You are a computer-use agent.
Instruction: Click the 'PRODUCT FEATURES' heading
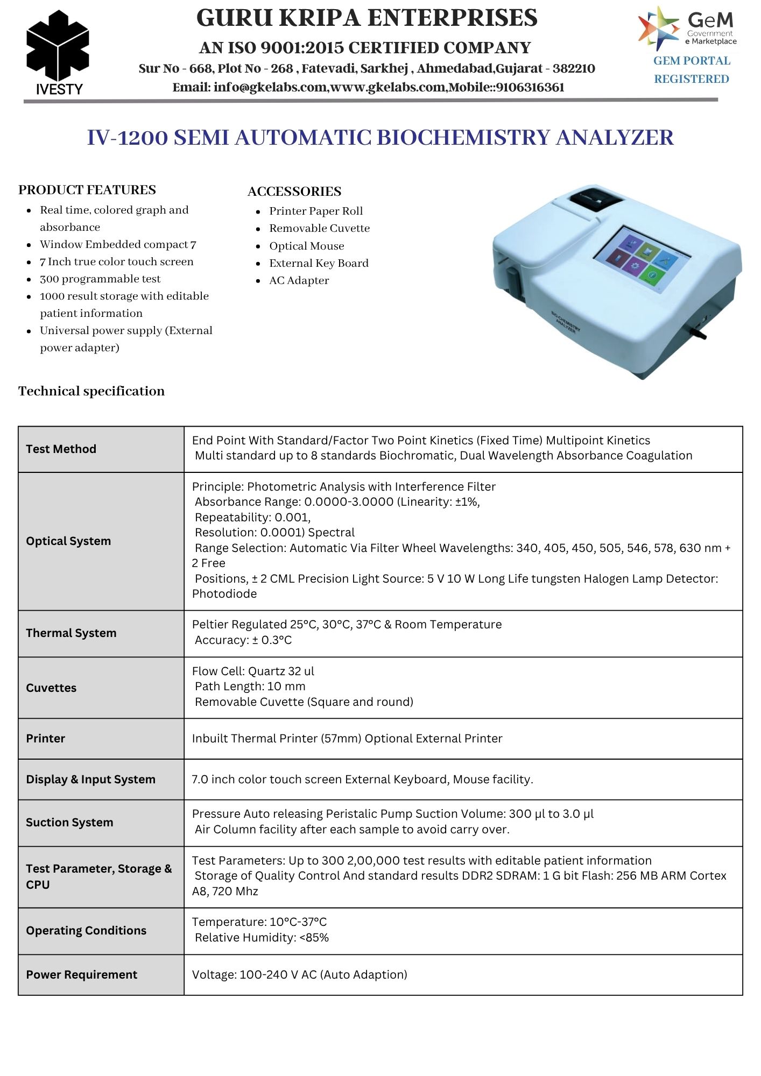(x=87, y=190)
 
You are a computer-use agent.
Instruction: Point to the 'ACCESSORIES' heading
(x=294, y=192)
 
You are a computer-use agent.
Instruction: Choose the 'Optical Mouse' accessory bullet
(x=306, y=246)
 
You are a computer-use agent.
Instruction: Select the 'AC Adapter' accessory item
(x=299, y=280)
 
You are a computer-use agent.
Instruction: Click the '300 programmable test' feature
(x=100, y=279)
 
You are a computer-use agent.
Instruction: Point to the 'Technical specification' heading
(x=91, y=391)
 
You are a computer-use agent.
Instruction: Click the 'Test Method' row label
(x=61, y=449)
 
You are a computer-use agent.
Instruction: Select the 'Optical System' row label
(x=68, y=541)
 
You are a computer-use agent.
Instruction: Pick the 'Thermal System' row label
(x=71, y=633)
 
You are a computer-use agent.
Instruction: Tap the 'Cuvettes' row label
(x=51, y=688)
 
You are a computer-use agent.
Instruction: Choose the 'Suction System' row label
(x=69, y=823)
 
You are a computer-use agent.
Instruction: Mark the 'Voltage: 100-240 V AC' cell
(x=299, y=975)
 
